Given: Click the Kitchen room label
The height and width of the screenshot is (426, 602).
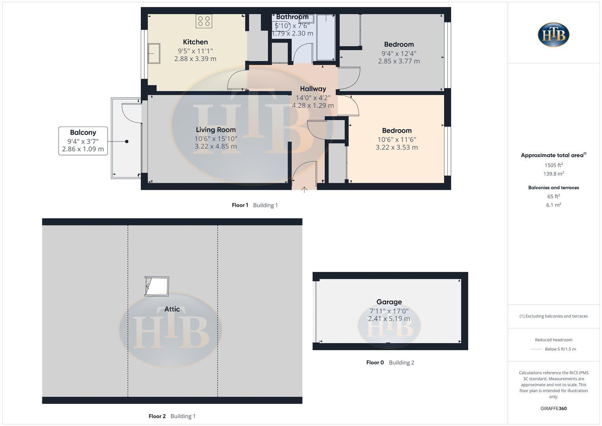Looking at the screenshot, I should tap(195, 42).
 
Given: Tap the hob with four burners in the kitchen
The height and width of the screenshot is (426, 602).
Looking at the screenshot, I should tap(204, 21).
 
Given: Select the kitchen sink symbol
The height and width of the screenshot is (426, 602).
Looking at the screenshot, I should tap(154, 53).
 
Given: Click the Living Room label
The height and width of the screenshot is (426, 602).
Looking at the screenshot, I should tap(216, 130).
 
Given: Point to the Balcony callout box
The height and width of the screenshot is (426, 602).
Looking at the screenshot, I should tap(83, 141).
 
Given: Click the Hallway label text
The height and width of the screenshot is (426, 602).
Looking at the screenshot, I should tap(313, 89).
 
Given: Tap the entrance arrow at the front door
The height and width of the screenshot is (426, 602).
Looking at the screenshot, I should tap(304, 189).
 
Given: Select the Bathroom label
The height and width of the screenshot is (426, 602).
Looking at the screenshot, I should tap(292, 17).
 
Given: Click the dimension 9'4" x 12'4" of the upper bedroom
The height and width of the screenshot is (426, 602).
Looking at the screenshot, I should tap(399, 53).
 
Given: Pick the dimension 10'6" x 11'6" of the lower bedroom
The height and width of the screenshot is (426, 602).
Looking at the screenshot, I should tap(397, 139).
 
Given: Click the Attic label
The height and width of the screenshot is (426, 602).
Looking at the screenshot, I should tap(172, 309).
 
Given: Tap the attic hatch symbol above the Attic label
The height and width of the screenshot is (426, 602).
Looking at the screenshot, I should tap(157, 286).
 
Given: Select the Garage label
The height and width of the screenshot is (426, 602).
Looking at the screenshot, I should tap(389, 302).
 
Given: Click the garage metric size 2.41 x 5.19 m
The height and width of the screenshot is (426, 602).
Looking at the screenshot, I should tap(389, 319).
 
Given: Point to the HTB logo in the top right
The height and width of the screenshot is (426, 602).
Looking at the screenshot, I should tap(554, 35).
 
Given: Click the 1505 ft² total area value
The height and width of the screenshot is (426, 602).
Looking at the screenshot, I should tap(554, 165).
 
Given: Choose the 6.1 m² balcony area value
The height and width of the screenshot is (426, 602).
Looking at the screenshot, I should tap(554, 205).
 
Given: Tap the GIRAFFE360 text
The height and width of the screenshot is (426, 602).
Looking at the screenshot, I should tap(554, 409).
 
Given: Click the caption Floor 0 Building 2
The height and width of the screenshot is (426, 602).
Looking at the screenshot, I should tap(390, 362).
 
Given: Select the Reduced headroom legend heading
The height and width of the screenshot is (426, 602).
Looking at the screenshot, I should tap(554, 340).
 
